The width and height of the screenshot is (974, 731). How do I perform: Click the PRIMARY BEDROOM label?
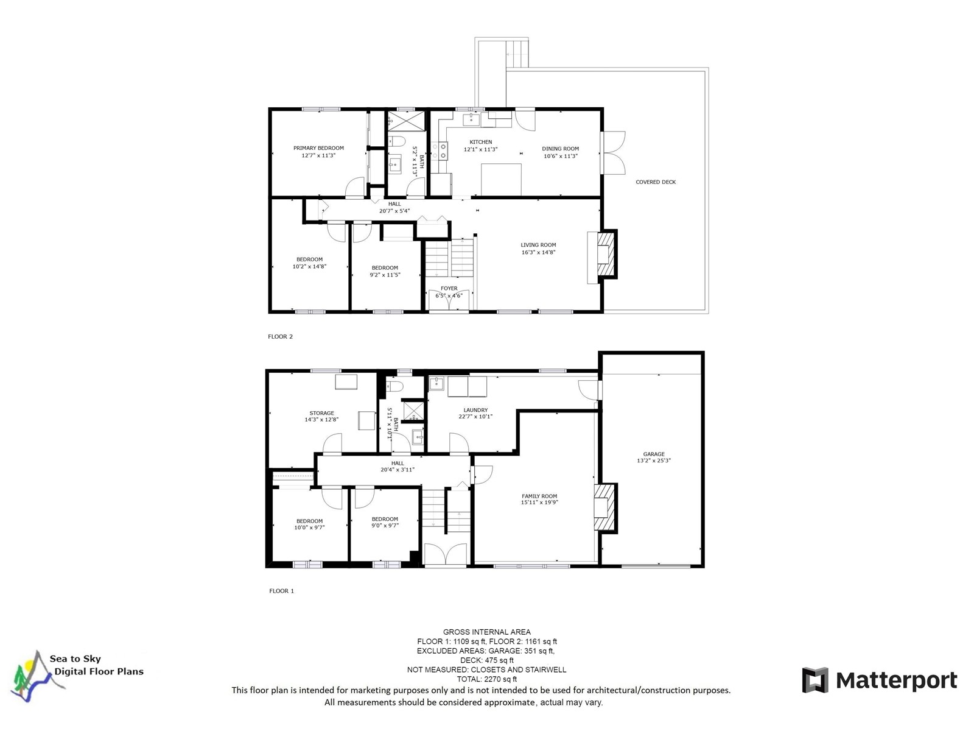pyautogui.click(x=318, y=148)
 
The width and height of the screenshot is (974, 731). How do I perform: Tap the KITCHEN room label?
pyautogui.click(x=480, y=142)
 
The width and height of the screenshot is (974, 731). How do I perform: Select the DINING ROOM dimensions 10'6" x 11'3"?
pyautogui.click(x=561, y=156)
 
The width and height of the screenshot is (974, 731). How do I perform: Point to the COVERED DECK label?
pyautogui.click(x=656, y=182)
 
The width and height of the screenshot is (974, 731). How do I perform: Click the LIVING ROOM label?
pyautogui.click(x=538, y=245)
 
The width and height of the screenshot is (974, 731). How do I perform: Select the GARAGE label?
pyautogui.click(x=654, y=454)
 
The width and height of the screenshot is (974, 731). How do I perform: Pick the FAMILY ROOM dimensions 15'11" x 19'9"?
pyautogui.click(x=539, y=503)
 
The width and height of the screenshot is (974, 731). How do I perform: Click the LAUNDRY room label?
pyautogui.click(x=475, y=410)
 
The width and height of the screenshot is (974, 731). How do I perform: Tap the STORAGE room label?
pyautogui.click(x=321, y=413)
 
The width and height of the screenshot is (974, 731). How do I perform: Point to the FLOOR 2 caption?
pyautogui.click(x=280, y=336)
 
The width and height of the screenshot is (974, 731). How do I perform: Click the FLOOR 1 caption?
pyautogui.click(x=281, y=591)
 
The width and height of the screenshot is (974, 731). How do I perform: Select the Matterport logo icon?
pyautogui.click(x=815, y=680)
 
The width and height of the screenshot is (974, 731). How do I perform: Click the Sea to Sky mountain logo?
pyautogui.click(x=38, y=676)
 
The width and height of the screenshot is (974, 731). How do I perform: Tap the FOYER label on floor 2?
pyautogui.click(x=449, y=289)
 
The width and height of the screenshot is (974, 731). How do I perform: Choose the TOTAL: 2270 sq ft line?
pyautogui.click(x=487, y=679)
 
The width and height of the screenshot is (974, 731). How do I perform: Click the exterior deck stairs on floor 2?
pyautogui.click(x=517, y=52)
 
